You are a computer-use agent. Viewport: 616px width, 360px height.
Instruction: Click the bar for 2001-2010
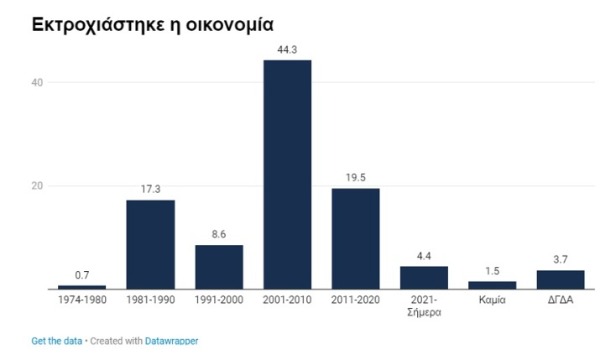287,175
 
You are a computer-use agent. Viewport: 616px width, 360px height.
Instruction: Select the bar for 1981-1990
150,244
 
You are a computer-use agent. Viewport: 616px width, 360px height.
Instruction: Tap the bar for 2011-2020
356,238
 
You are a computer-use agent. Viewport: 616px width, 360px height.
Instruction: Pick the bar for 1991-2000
219,267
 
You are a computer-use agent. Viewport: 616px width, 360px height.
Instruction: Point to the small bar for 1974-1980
81,287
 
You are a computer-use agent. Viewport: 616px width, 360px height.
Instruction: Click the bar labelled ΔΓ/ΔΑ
561,279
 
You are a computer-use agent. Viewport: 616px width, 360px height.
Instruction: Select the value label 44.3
287,50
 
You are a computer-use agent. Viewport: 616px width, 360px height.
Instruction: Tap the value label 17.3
150,190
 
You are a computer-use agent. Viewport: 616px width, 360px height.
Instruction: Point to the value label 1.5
492,272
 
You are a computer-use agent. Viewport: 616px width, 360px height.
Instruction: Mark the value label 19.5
356,178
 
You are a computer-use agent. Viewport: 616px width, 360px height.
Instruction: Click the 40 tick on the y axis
38,82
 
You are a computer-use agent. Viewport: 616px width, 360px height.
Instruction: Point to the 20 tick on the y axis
38,185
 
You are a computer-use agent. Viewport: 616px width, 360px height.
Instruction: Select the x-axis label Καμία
492,300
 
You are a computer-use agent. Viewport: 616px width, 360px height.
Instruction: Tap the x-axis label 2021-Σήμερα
424,305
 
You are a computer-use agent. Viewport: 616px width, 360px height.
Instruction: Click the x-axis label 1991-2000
219,300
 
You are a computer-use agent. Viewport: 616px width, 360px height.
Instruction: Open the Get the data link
56,341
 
